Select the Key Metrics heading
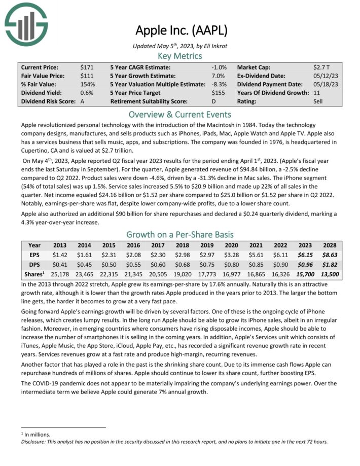[179, 56]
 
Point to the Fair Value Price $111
[86, 76]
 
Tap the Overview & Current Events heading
[179, 114]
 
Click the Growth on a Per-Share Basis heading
[179, 234]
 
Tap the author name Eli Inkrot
[214, 46]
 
